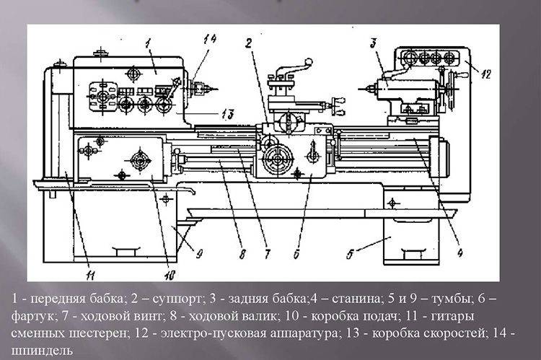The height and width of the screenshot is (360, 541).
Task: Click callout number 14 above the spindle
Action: tap(189, 41)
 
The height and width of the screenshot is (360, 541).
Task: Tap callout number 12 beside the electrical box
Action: tap(485, 72)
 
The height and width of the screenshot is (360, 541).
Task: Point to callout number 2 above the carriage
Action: tap(247, 43)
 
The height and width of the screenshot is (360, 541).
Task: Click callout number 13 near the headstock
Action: tap(229, 113)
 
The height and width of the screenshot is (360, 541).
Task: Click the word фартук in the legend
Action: tap(32, 317)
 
